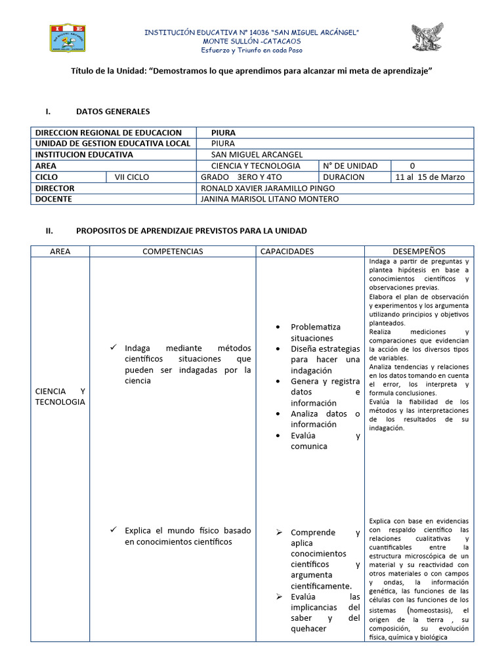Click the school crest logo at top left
pyautogui.click(x=77, y=38)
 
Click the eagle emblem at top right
pyautogui.click(x=427, y=37)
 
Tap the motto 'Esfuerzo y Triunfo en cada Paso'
pyautogui.click(x=251, y=50)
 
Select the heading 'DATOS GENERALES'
pyautogui.click(x=113, y=112)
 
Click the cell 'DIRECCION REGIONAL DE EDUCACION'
pyautogui.click(x=108, y=133)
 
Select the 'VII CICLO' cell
pyautogui.click(x=132, y=177)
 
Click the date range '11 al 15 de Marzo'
pyautogui.click(x=430, y=177)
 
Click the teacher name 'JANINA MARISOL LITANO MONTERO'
pyautogui.click(x=269, y=199)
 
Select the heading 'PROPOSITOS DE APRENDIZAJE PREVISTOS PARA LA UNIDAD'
pyautogui.click(x=191, y=231)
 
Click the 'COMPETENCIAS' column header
pyautogui.click(x=173, y=251)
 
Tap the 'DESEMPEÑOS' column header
pyautogui.click(x=419, y=251)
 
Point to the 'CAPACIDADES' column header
pyautogui.click(x=287, y=251)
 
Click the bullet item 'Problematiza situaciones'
pyautogui.click(x=316, y=332)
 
